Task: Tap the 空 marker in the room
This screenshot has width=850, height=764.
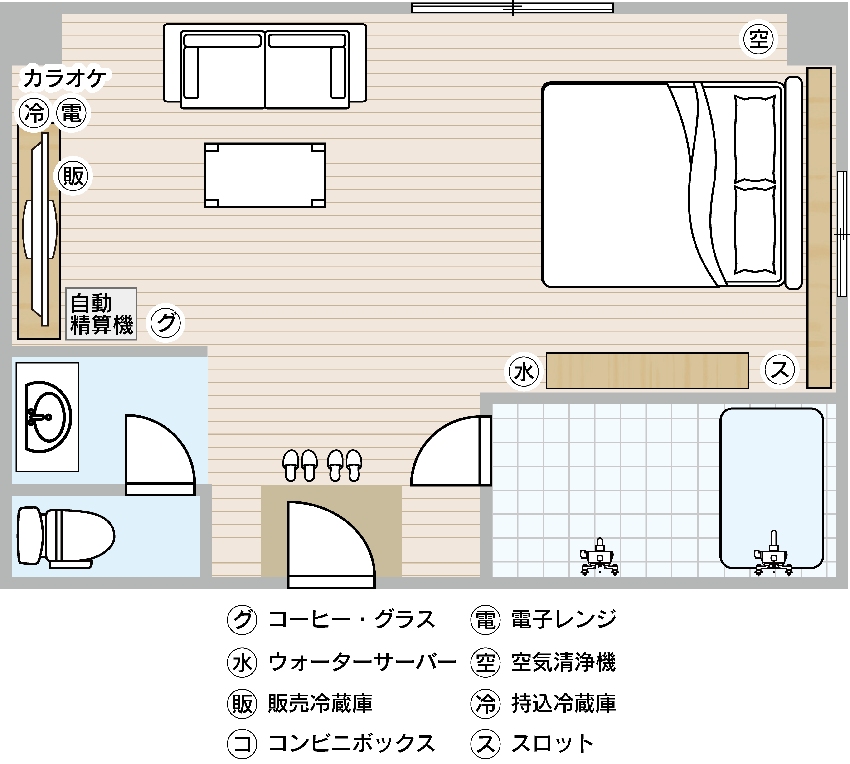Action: [x=758, y=40]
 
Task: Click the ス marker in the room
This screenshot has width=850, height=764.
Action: [x=779, y=370]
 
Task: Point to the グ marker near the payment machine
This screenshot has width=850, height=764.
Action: [x=166, y=323]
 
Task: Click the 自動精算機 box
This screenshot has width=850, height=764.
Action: [x=101, y=314]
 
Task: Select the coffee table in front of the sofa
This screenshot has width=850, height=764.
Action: [x=265, y=175]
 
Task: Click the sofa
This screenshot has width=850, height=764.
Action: [x=265, y=66]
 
